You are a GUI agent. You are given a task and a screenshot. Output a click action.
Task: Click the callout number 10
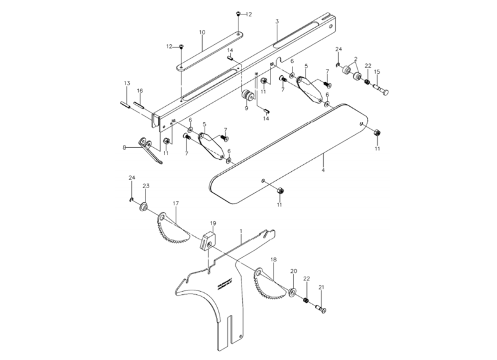point(202,31)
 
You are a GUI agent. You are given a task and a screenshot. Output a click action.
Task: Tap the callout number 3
point(277,21)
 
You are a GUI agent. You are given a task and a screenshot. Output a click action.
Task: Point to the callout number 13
point(126,83)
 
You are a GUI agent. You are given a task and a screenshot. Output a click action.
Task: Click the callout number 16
point(140,91)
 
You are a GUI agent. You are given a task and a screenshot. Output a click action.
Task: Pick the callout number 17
point(176,203)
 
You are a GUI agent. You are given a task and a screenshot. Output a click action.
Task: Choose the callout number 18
point(273,258)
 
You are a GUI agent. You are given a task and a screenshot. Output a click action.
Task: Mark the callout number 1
point(240,231)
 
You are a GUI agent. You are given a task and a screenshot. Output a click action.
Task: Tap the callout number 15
point(377,72)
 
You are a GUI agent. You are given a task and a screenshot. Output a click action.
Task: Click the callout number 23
point(146,186)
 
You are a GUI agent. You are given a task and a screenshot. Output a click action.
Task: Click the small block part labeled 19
point(209,240)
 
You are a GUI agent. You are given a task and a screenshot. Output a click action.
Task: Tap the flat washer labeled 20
point(292,292)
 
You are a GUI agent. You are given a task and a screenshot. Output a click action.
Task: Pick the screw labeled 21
point(321,308)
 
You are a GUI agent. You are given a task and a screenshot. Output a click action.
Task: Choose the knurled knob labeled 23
point(144,207)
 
